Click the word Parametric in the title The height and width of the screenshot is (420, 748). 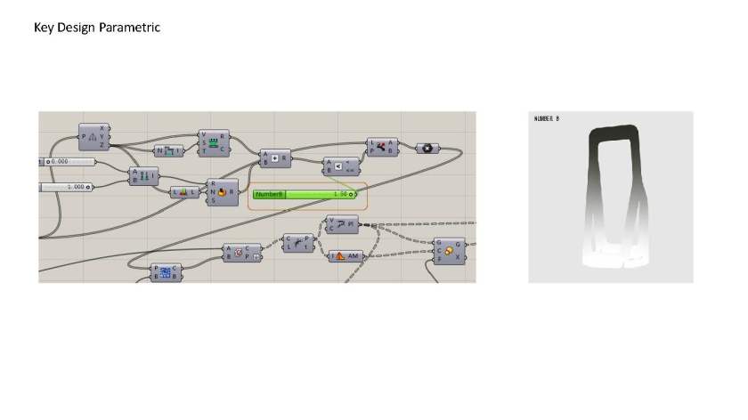click(130, 28)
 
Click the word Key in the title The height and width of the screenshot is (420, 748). click(44, 28)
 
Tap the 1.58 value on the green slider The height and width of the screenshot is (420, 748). click(339, 194)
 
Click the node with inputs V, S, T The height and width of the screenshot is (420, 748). click(214, 142)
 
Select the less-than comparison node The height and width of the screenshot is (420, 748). click(339, 166)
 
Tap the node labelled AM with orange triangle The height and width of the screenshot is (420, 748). click(348, 256)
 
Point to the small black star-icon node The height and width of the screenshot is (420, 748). click(427, 148)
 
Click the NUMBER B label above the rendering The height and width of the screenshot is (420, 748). click(546, 117)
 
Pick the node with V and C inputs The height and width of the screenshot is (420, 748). click(342, 223)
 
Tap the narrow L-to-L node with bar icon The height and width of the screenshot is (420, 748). click(184, 191)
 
